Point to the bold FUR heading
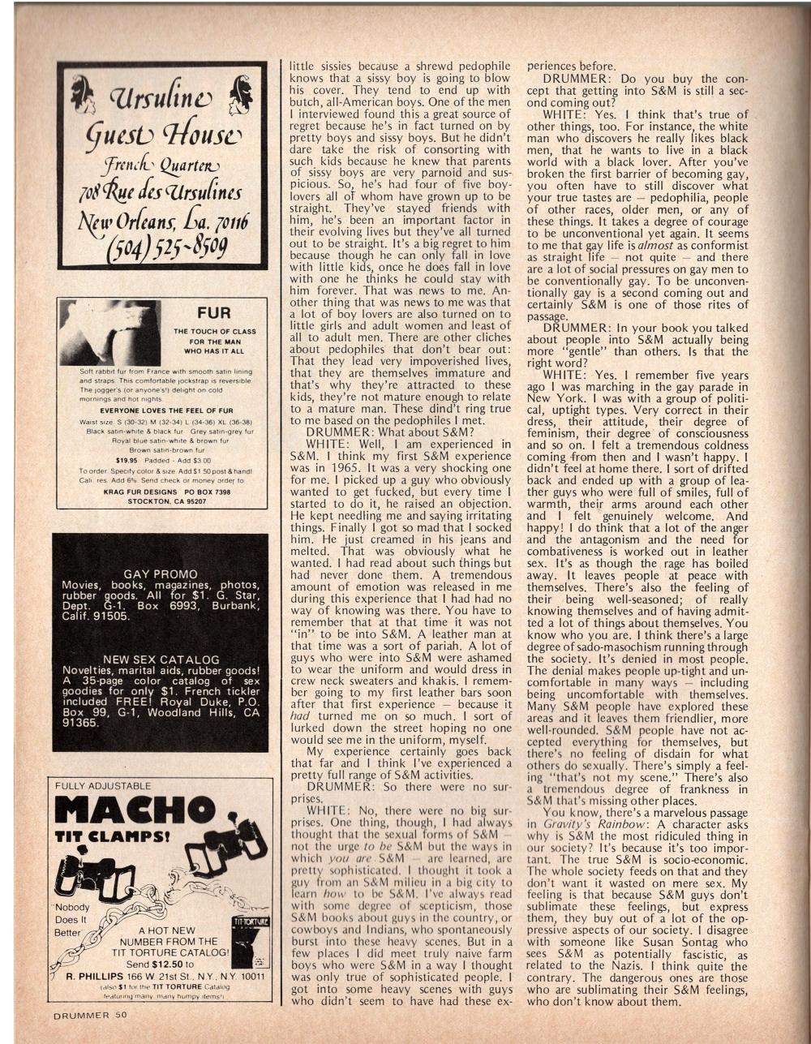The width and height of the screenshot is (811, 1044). [214, 313]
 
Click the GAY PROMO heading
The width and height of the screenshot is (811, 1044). [159, 574]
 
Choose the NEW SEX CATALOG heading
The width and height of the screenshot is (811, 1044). [159, 659]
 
